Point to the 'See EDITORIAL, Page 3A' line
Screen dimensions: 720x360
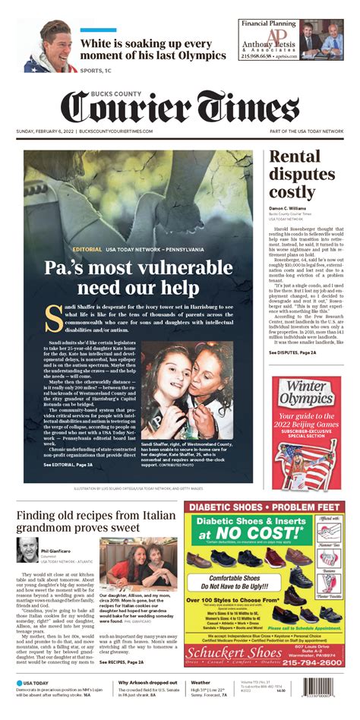[68, 463]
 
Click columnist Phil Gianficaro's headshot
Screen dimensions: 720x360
[27, 551]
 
